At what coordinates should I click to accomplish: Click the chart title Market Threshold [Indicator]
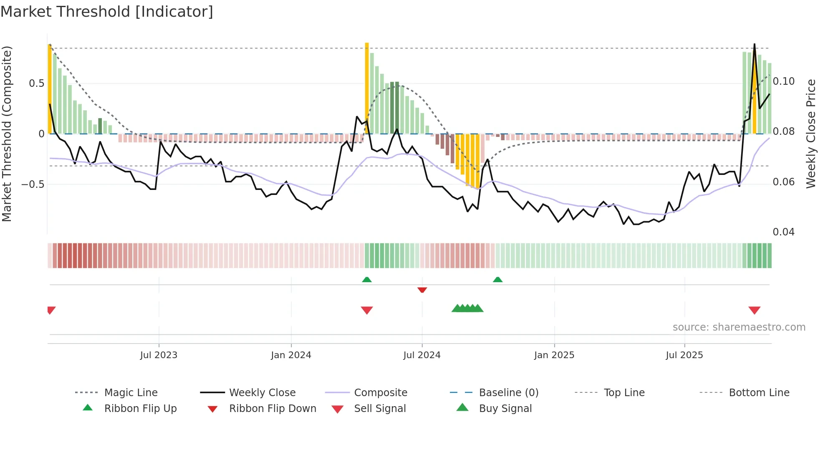107,12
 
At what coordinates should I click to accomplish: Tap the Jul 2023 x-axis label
159,355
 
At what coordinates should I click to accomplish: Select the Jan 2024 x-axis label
291,355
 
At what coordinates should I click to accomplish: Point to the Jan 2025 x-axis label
554,355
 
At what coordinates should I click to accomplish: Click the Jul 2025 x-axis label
684,355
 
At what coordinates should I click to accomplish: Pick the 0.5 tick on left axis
37,83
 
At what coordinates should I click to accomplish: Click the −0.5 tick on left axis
33,184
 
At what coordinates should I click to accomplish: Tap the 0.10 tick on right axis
783,81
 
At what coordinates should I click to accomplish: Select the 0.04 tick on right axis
783,232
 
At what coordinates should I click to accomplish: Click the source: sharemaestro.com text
739,327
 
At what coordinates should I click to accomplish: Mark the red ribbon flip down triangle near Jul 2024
422,290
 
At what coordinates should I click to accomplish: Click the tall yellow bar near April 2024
367,88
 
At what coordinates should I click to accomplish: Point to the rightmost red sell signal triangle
754,310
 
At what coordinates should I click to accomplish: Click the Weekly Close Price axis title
810,134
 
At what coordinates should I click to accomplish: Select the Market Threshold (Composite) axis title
7,134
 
